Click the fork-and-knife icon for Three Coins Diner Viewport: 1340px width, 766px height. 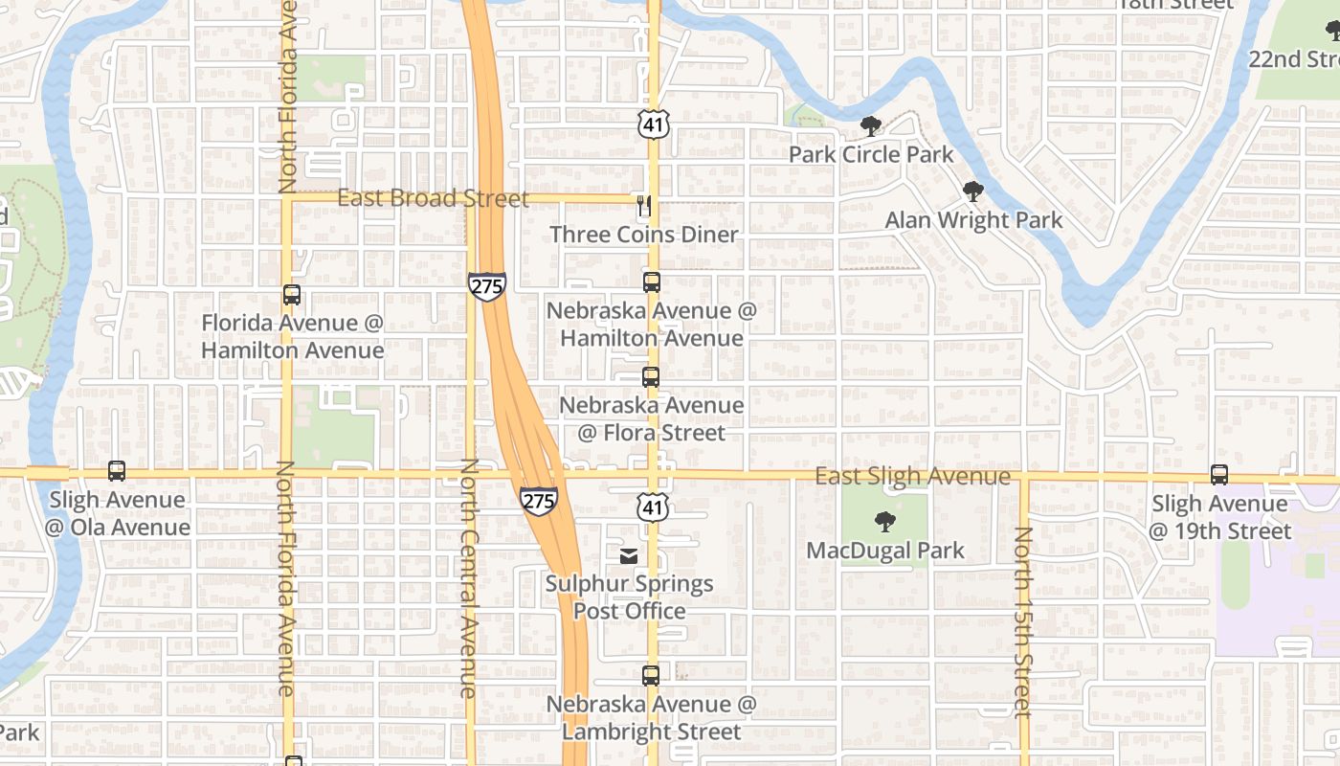(644, 206)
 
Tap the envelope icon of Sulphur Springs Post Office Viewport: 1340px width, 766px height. (629, 555)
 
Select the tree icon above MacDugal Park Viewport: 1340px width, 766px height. (885, 522)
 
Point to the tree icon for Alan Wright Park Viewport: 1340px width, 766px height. (973, 191)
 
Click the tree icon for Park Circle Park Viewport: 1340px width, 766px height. (870, 126)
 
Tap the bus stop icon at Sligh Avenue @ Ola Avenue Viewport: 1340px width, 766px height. (117, 471)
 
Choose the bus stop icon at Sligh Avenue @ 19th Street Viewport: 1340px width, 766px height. (1218, 474)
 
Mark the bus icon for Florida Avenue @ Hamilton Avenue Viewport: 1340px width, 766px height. (292, 295)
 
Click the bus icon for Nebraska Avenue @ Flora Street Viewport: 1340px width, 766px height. (651, 377)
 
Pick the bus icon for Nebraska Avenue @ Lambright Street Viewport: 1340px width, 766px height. (651, 676)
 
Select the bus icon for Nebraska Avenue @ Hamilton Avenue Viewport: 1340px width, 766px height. (652, 282)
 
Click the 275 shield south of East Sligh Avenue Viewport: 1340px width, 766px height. (539, 501)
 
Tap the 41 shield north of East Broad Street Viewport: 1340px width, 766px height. (653, 124)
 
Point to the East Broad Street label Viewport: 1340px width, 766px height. (433, 198)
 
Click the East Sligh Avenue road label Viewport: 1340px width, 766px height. (912, 476)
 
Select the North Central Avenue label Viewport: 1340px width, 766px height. (469, 577)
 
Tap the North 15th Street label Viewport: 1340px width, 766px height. (1023, 621)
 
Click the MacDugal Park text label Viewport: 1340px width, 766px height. (885, 551)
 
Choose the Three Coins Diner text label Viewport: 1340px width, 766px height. (644, 235)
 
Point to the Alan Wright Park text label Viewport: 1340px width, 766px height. (973, 220)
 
